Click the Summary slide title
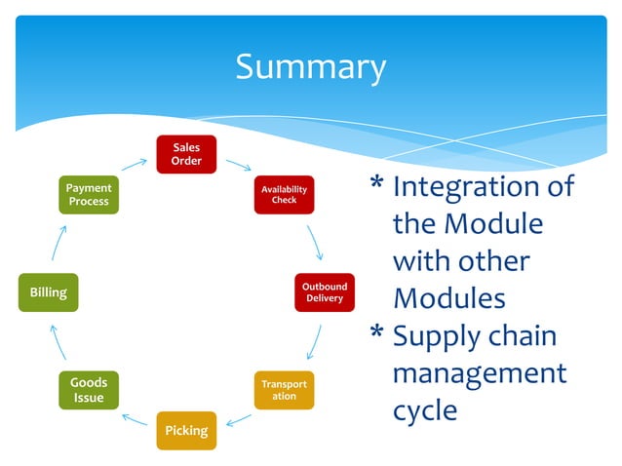(x=310, y=67)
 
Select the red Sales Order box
(x=186, y=154)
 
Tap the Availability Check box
(x=284, y=194)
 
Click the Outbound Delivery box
(x=324, y=292)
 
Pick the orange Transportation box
(x=284, y=390)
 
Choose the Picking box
(x=186, y=430)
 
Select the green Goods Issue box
(x=89, y=390)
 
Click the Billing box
(x=48, y=292)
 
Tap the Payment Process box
(x=89, y=194)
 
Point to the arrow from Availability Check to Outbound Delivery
(x=314, y=242)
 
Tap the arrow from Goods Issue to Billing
(x=58, y=341)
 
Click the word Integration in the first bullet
(x=483, y=186)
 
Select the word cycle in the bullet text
(x=424, y=410)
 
